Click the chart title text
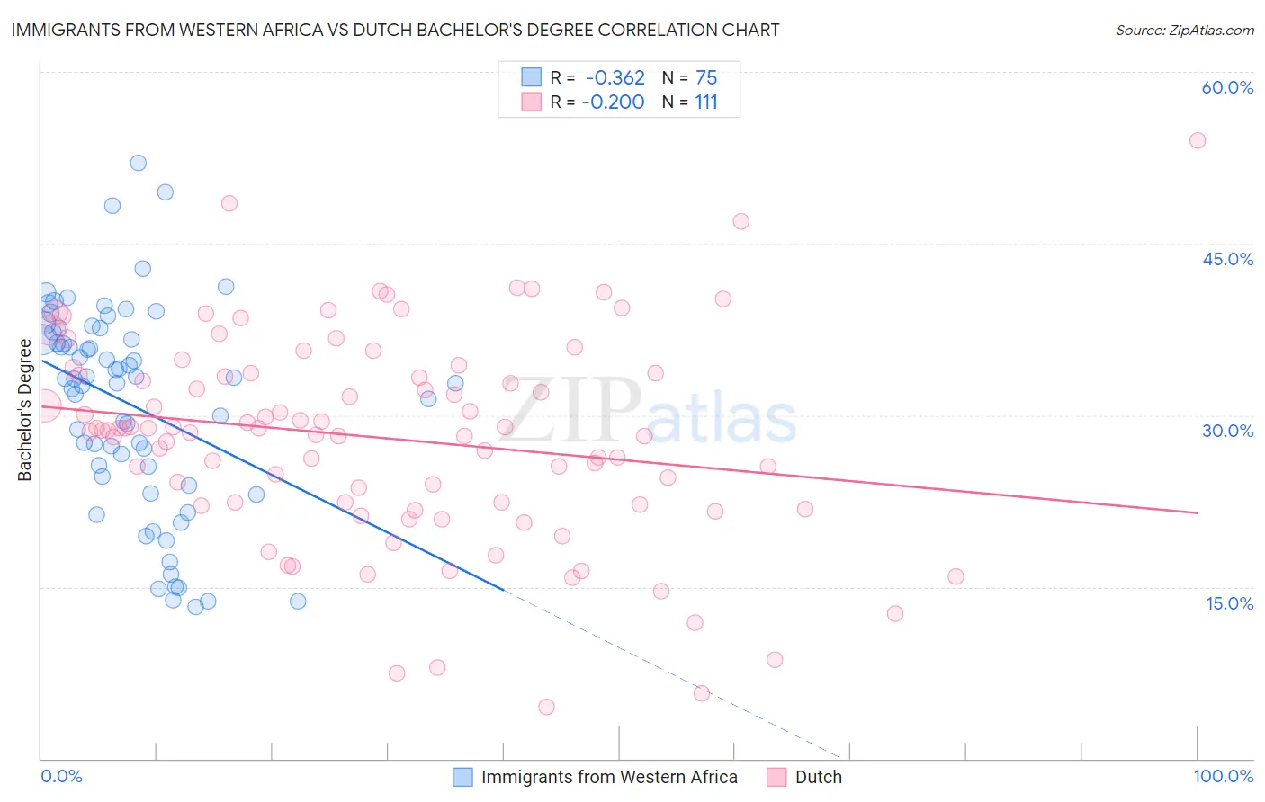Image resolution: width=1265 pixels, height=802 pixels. tap(395, 30)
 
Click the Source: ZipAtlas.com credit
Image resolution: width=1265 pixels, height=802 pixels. tap(1184, 30)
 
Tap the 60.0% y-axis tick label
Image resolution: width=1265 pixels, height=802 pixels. tap(1227, 87)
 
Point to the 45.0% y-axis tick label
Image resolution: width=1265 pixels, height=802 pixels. tap(1227, 259)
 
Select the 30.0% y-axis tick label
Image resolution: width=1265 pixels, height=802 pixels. tap(1227, 431)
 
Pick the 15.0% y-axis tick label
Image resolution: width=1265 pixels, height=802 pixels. tap(1229, 603)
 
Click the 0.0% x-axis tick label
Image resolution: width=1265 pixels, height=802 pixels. tap(61, 776)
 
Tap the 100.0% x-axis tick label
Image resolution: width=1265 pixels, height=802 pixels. tap(1223, 776)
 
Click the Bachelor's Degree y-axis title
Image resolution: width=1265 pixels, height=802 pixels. tap(24, 410)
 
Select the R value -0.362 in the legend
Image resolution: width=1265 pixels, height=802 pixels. tap(615, 77)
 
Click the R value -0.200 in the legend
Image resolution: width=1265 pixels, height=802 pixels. tap(613, 102)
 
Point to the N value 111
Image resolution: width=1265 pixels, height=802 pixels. tap(706, 102)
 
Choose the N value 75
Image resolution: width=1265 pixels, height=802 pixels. tap(706, 77)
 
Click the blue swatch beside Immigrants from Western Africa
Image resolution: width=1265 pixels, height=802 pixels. tap(462, 777)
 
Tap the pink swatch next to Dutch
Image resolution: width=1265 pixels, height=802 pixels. tap(776, 777)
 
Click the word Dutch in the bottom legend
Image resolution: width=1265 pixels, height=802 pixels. tap(818, 777)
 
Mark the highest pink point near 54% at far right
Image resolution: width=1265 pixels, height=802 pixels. tap(1197, 140)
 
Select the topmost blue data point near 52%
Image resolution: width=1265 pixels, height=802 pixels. tap(139, 163)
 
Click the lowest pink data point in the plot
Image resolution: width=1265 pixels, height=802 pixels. tap(546, 707)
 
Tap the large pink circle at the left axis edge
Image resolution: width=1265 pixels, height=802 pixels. tap(44, 405)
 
